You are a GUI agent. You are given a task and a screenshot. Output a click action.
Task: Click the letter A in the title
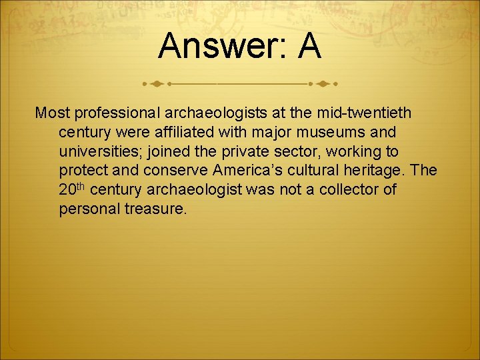309,47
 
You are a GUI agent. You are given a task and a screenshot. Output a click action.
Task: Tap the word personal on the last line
86,209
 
